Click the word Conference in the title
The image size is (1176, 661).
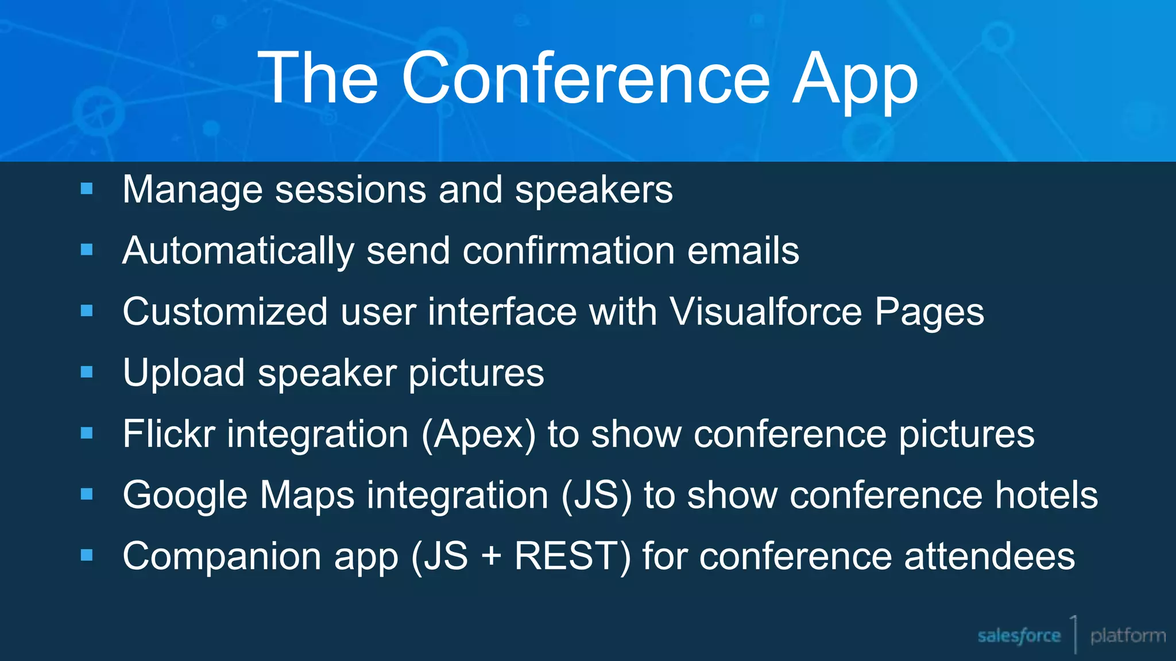585,78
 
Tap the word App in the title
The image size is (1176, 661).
855,79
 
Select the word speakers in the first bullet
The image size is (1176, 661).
593,190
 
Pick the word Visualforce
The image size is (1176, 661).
766,312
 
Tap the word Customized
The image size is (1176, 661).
225,312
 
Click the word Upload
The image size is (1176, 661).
184,374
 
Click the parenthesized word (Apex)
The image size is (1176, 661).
478,434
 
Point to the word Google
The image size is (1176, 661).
185,496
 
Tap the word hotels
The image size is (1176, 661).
1046,495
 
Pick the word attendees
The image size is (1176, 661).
989,557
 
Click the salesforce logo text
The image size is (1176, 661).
1019,636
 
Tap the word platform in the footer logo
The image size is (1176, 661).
1128,636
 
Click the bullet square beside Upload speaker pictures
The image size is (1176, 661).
87,372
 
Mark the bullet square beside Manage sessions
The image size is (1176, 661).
87,189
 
